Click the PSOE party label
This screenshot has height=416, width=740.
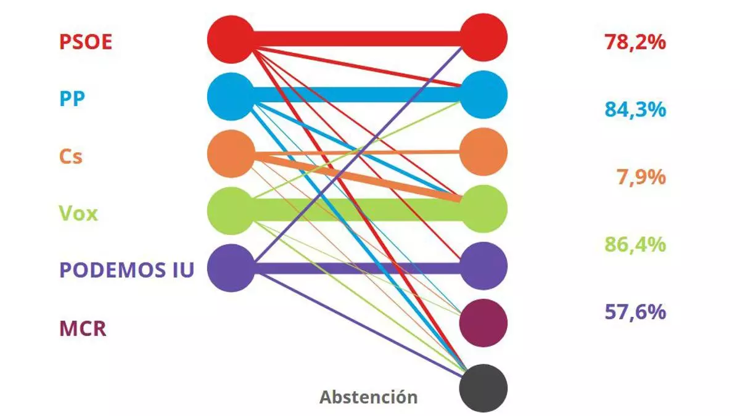click(86, 43)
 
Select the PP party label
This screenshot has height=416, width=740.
click(72, 99)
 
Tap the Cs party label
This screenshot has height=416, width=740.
click(71, 157)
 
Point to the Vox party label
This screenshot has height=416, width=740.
click(78, 214)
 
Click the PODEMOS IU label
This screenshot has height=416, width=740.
click(126, 270)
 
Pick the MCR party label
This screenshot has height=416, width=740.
click(83, 328)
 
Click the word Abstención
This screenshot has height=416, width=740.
click(368, 397)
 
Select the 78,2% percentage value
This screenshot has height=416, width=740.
click(635, 43)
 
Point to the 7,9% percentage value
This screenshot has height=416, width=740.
click(641, 177)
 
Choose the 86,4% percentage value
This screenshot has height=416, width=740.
click(635, 245)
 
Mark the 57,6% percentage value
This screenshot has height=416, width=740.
click(635, 312)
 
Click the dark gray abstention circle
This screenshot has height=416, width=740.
click(483, 388)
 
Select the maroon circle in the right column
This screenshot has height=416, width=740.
click(483, 322)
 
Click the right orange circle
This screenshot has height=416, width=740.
click(483, 151)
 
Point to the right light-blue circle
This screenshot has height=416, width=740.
click(483, 95)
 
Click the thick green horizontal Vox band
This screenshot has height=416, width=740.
click(358, 210)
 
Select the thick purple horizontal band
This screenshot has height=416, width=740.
click(358, 268)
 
